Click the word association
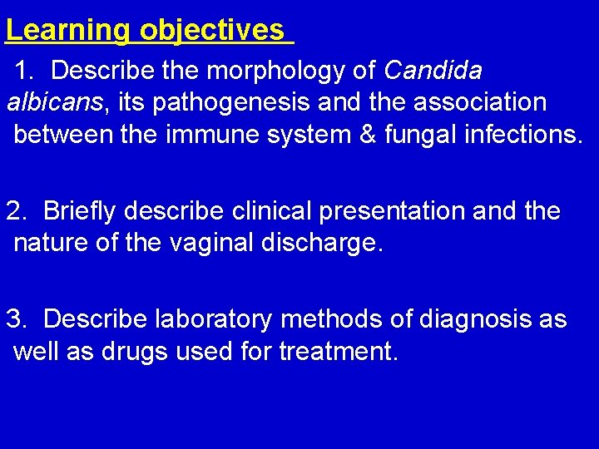[x=471, y=102]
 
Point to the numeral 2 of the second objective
[x=14, y=211]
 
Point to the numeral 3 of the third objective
[x=14, y=320]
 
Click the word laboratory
[x=215, y=320]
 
